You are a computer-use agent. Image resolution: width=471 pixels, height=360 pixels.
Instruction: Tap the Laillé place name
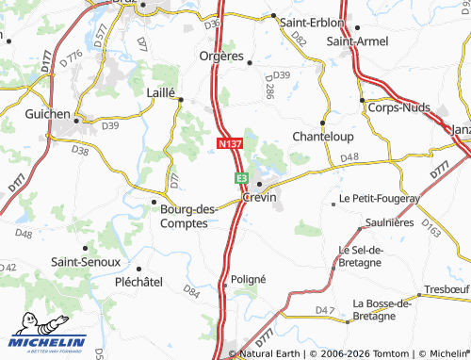pyautogui.click(x=162, y=91)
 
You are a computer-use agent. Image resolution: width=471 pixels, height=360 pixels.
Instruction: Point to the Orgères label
pyautogui.click(x=222, y=56)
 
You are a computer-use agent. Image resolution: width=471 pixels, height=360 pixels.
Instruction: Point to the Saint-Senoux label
pyautogui.click(x=85, y=261)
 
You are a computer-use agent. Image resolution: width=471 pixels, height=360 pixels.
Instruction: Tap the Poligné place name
pyautogui.click(x=249, y=280)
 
